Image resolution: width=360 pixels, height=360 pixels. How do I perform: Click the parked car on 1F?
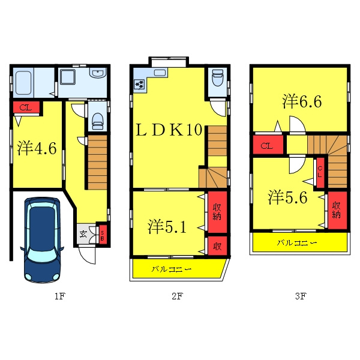(x=42, y=239)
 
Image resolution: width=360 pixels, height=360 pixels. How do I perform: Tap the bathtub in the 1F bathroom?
(x=23, y=83)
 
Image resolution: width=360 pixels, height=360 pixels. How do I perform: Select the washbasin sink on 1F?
(x=98, y=73)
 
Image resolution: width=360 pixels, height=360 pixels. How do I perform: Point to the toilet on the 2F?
(x=218, y=77)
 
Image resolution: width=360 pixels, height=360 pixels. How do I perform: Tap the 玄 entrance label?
(x=83, y=234)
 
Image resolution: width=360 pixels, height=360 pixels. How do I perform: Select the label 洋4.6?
(x=37, y=148)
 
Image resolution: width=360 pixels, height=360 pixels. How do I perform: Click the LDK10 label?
(x=169, y=130)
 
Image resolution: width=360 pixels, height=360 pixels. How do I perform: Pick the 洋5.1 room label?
(x=167, y=227)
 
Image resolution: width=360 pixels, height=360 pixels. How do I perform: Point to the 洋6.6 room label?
(x=302, y=101)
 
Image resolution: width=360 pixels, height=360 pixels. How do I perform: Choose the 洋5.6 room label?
(x=287, y=197)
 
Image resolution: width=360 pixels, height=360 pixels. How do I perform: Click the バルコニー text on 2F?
(x=171, y=269)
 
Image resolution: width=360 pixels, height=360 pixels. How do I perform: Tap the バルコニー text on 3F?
(x=297, y=242)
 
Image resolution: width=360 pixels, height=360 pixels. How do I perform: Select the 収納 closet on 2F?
(x=217, y=212)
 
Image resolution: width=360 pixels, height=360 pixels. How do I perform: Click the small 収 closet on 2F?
(x=217, y=246)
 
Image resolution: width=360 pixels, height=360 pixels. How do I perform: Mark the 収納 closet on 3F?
(x=337, y=210)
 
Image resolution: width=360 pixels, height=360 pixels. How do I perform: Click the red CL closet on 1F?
(x=26, y=107)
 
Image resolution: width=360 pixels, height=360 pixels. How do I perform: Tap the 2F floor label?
(x=177, y=296)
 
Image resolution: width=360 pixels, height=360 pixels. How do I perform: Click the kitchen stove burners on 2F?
(x=139, y=84)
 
